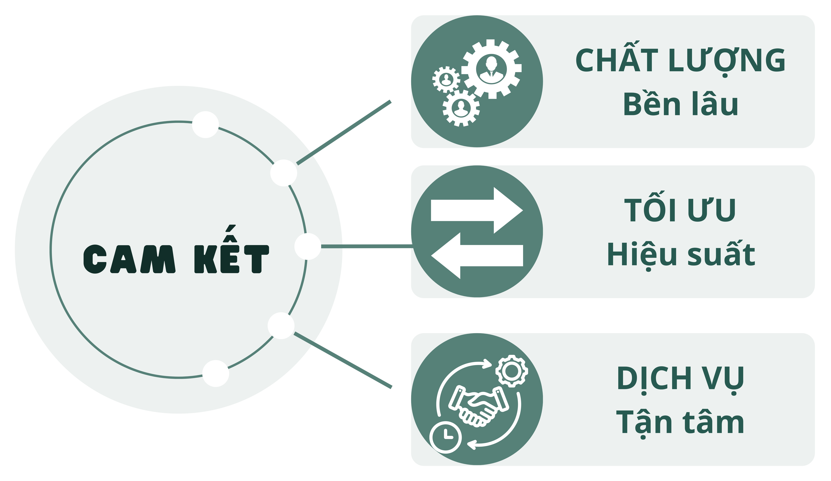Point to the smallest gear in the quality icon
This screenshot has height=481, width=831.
tap(446, 79)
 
